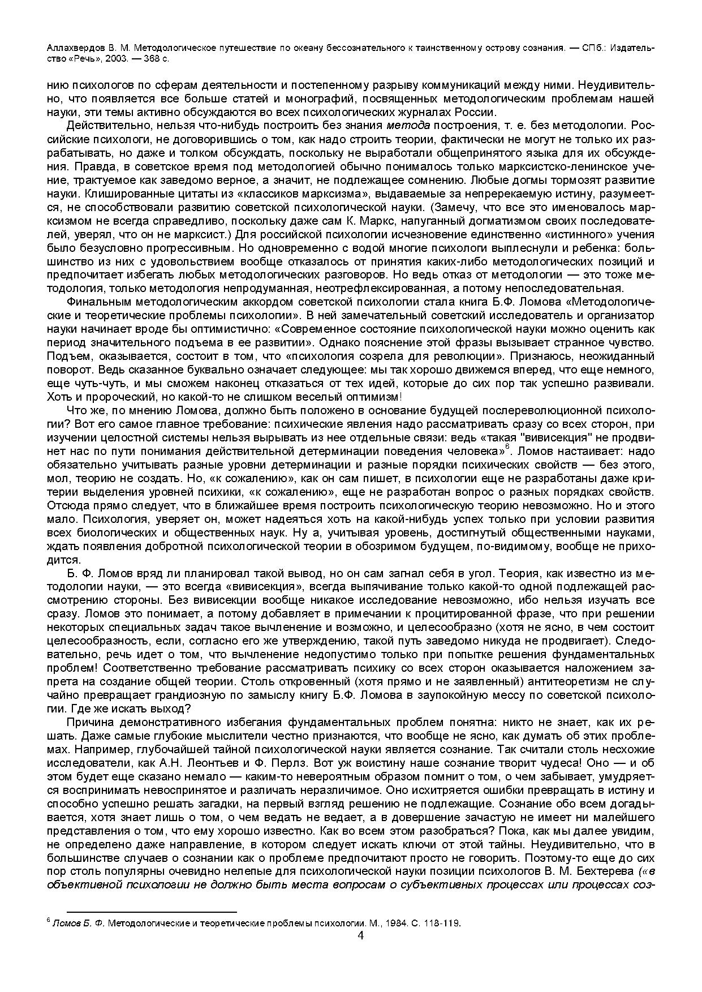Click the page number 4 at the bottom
coord(361,934)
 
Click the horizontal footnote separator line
coord(151,912)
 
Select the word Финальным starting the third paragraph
coord(95,302)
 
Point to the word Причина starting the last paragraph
coord(90,722)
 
